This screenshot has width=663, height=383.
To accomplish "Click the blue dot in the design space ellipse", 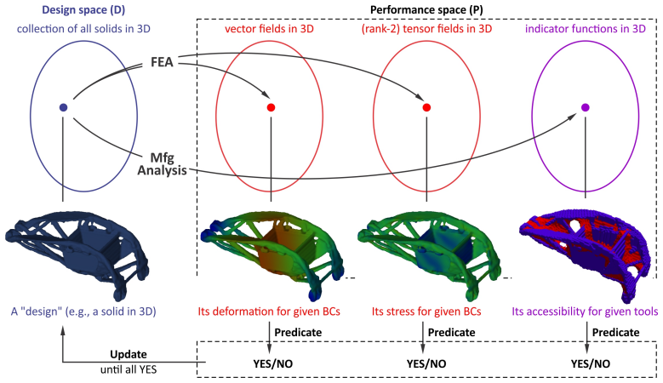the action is click(x=64, y=107).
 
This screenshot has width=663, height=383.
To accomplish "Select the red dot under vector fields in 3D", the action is click(x=271, y=107).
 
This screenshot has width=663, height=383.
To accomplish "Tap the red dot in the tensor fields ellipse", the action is click(x=426, y=107).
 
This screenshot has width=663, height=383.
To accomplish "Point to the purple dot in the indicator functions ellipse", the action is click(x=586, y=107).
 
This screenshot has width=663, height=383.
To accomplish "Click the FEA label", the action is click(x=162, y=62).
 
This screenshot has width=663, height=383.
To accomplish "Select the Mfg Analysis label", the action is click(x=162, y=164).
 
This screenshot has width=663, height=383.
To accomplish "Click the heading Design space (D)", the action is click(x=83, y=9).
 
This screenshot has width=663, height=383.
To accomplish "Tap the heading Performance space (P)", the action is click(x=426, y=9).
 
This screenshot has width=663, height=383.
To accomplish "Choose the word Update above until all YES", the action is click(x=129, y=354).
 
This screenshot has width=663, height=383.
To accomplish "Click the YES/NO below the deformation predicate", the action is click(x=272, y=363).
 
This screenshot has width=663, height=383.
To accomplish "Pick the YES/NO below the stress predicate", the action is click(x=426, y=363).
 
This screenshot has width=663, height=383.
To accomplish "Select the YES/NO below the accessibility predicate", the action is click(x=591, y=363).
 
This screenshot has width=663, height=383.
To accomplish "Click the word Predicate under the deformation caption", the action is click(x=298, y=332).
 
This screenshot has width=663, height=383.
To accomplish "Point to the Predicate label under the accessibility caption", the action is click(x=615, y=332).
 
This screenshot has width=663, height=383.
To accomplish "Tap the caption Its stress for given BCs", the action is click(x=426, y=312).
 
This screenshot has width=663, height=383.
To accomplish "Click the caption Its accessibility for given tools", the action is click(x=585, y=312).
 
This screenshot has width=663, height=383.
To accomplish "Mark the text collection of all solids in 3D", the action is click(x=83, y=29).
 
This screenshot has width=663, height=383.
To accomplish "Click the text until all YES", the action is click(x=129, y=369).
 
